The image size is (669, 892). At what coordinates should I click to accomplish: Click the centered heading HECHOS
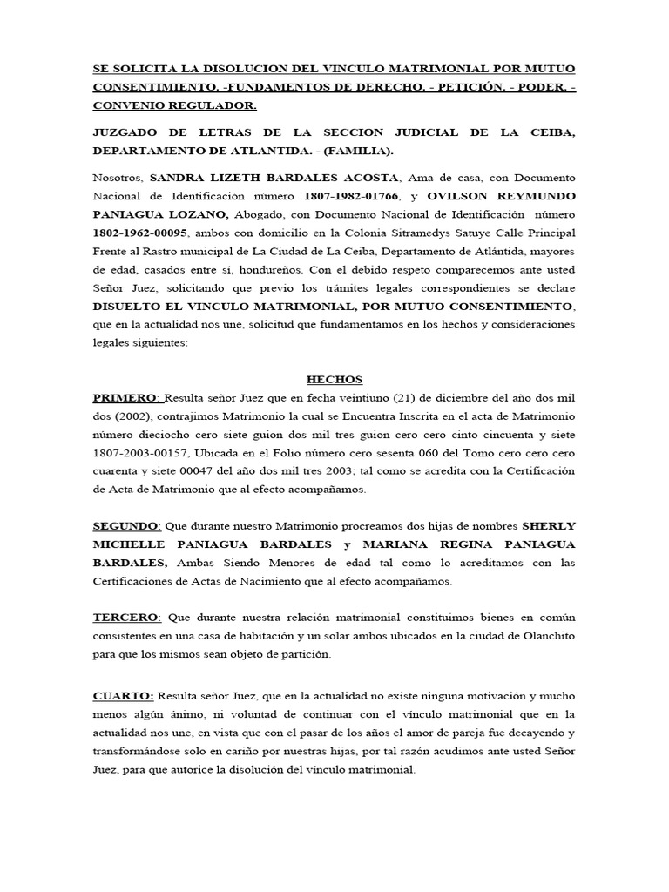point(334,380)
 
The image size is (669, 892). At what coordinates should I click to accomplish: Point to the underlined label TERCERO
point(126,617)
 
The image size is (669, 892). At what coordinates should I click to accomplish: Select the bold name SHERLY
point(549,526)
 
